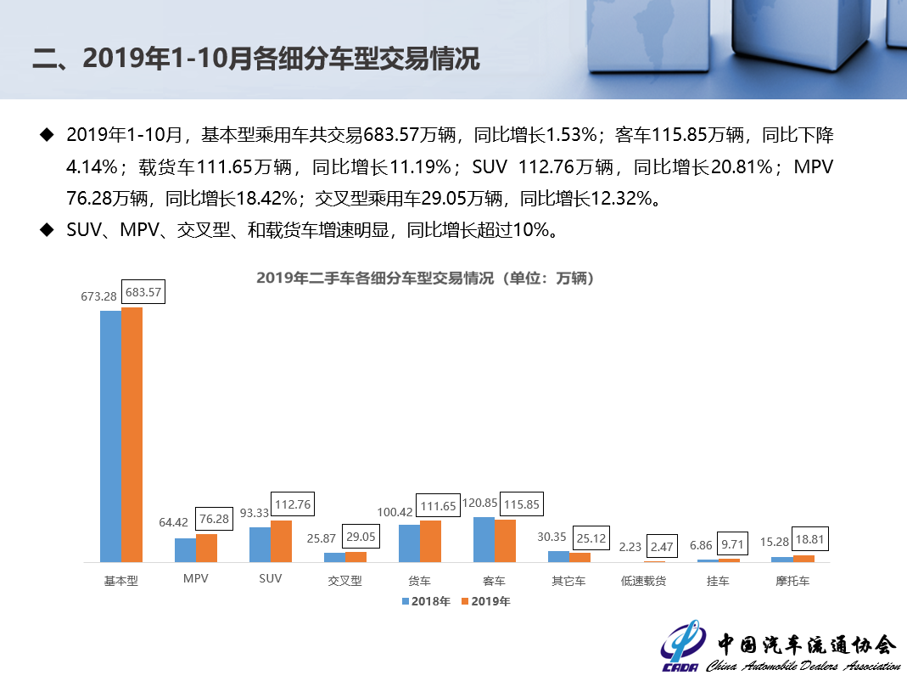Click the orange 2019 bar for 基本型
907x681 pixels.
[x=132, y=435]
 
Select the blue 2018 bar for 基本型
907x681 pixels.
[x=111, y=436]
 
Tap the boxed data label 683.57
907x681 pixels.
[x=143, y=292]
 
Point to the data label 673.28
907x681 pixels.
[x=98, y=296]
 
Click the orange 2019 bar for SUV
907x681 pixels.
[x=282, y=541]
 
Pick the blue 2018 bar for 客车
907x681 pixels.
[x=484, y=539]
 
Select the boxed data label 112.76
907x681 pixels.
[x=291, y=504]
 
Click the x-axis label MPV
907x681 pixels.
[x=195, y=581]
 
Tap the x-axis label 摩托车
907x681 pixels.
[x=792, y=582]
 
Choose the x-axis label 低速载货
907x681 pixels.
[x=643, y=582]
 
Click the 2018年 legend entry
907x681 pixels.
[x=426, y=602]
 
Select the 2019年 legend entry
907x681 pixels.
[x=485, y=602]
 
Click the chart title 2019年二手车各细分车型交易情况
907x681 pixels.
[x=425, y=279]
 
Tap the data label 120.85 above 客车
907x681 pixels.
[x=480, y=503]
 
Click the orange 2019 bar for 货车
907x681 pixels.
[x=430, y=541]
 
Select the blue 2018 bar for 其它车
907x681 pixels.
[x=558, y=556]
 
